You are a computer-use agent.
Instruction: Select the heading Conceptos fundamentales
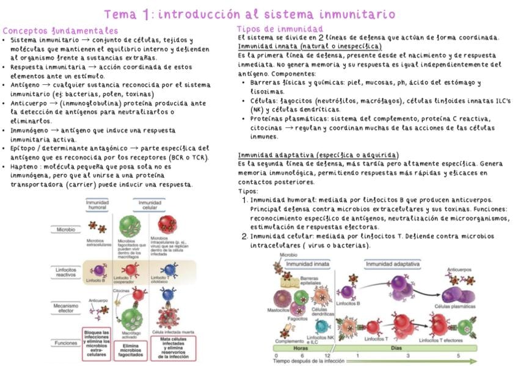(x=60, y=31)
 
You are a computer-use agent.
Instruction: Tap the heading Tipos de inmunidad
(x=280, y=29)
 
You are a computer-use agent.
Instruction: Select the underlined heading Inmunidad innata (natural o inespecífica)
(x=310, y=46)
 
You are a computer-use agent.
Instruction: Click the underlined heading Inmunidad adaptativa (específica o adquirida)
(x=318, y=155)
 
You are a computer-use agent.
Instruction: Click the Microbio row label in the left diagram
(x=65, y=230)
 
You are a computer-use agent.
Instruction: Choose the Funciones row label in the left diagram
(x=65, y=343)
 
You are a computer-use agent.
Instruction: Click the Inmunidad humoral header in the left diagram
(x=98, y=205)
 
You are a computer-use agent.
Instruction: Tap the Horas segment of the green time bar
(x=300, y=348)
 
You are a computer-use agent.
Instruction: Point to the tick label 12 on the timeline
(x=327, y=356)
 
